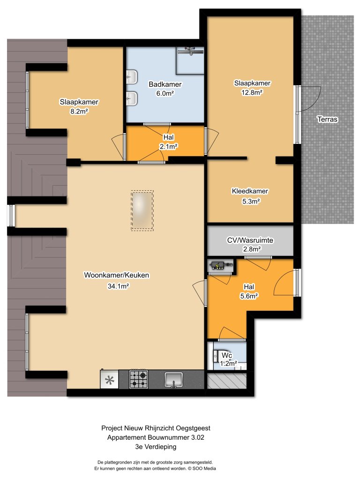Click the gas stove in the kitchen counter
point(138,379)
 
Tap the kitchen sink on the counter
point(174,379)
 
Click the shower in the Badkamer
point(190,60)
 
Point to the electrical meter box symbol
point(220,266)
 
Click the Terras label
point(327,120)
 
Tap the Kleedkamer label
point(250,191)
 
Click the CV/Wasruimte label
point(250,240)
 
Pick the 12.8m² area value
point(253,92)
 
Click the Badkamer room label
point(165,84)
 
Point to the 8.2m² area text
point(79,111)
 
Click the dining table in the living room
point(142,210)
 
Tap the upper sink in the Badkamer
point(132,76)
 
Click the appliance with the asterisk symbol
point(109,380)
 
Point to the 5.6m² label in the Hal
point(251,296)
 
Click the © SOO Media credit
point(199,468)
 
